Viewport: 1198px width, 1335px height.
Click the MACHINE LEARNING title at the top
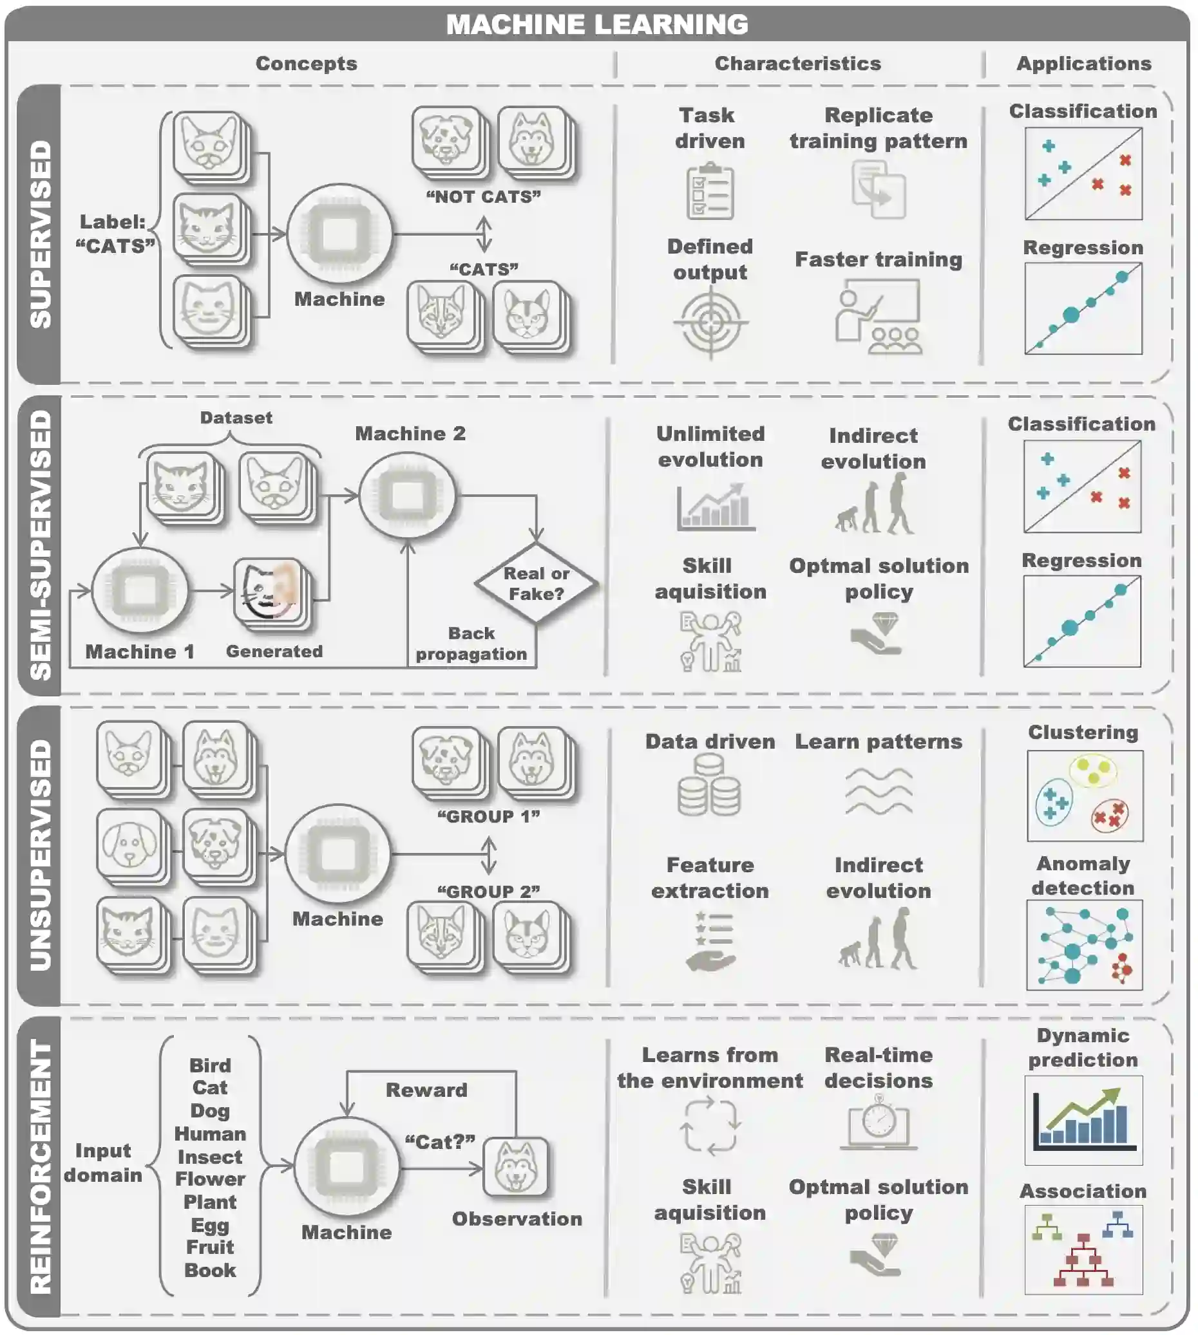597,24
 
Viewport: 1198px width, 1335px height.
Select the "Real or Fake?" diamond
537,584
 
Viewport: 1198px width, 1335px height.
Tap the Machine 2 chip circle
408,496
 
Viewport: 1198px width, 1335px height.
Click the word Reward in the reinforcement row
426,1090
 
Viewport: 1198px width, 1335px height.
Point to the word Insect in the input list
209,1157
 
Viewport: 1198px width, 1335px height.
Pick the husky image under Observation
515,1166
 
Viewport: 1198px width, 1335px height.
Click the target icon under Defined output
710,322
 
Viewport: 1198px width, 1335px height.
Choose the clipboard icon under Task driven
710,191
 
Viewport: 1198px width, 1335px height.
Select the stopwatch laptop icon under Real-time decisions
879,1123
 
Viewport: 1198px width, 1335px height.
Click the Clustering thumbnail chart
1085,796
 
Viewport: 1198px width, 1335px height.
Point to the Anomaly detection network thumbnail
1084,945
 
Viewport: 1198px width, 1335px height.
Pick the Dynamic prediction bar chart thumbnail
1083,1120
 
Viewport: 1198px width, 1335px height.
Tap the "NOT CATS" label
484,197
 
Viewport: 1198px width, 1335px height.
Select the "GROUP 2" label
488,892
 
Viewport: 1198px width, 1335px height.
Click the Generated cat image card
269,590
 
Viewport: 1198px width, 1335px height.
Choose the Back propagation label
471,644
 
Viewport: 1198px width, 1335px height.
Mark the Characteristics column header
798,63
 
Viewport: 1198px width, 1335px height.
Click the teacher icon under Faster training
878,317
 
